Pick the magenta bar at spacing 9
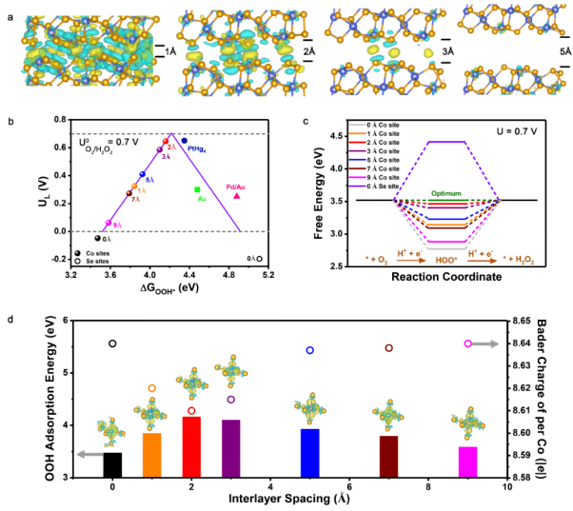(x=467, y=462)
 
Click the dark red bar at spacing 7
(x=388, y=457)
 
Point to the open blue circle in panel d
(x=309, y=351)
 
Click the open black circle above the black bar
(x=112, y=344)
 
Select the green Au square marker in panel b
(x=197, y=190)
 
